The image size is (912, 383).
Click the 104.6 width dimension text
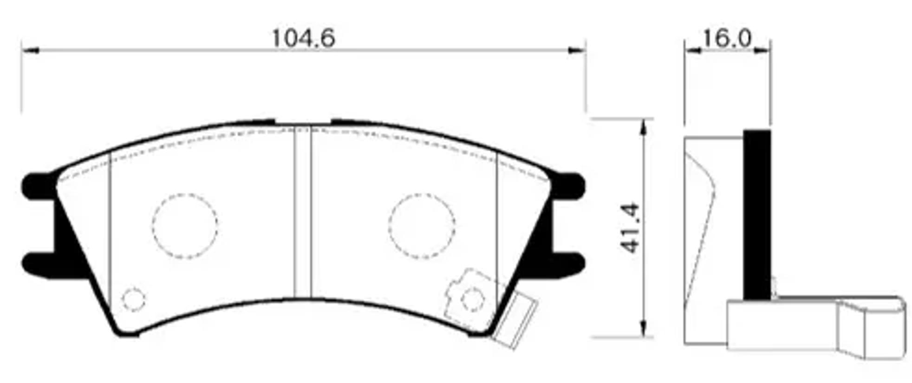(303, 38)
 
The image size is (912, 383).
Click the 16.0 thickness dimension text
(727, 38)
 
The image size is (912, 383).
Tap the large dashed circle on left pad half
(185, 226)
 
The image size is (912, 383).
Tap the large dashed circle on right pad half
(422, 226)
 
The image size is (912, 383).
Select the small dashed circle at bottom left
(133, 299)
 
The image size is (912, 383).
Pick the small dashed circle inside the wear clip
(473, 299)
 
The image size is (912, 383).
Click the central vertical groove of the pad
(302, 211)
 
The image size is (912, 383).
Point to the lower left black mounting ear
(39, 265)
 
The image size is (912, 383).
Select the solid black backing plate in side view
(757, 214)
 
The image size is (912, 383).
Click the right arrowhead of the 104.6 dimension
(578, 50)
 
